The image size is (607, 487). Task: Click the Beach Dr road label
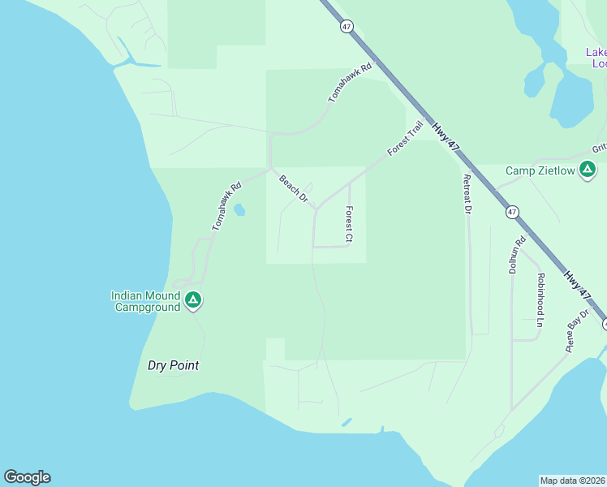[x=294, y=188]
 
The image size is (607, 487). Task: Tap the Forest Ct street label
[x=349, y=224]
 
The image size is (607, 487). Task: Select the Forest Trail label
[x=406, y=139]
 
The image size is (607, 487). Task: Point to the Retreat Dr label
[x=467, y=195]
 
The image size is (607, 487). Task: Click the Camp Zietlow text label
[x=539, y=170]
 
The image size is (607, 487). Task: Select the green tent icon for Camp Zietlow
[x=589, y=170]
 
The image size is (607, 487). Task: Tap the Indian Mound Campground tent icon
[x=193, y=301]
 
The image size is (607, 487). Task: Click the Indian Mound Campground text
[x=145, y=301]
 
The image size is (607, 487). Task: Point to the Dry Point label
[x=173, y=365]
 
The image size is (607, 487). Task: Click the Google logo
[x=27, y=477]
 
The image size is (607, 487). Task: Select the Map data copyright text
[x=572, y=481]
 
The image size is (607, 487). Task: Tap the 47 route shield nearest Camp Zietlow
[x=511, y=212]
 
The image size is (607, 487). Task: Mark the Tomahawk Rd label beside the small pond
[x=227, y=206]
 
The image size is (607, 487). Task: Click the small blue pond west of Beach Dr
[x=239, y=210]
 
